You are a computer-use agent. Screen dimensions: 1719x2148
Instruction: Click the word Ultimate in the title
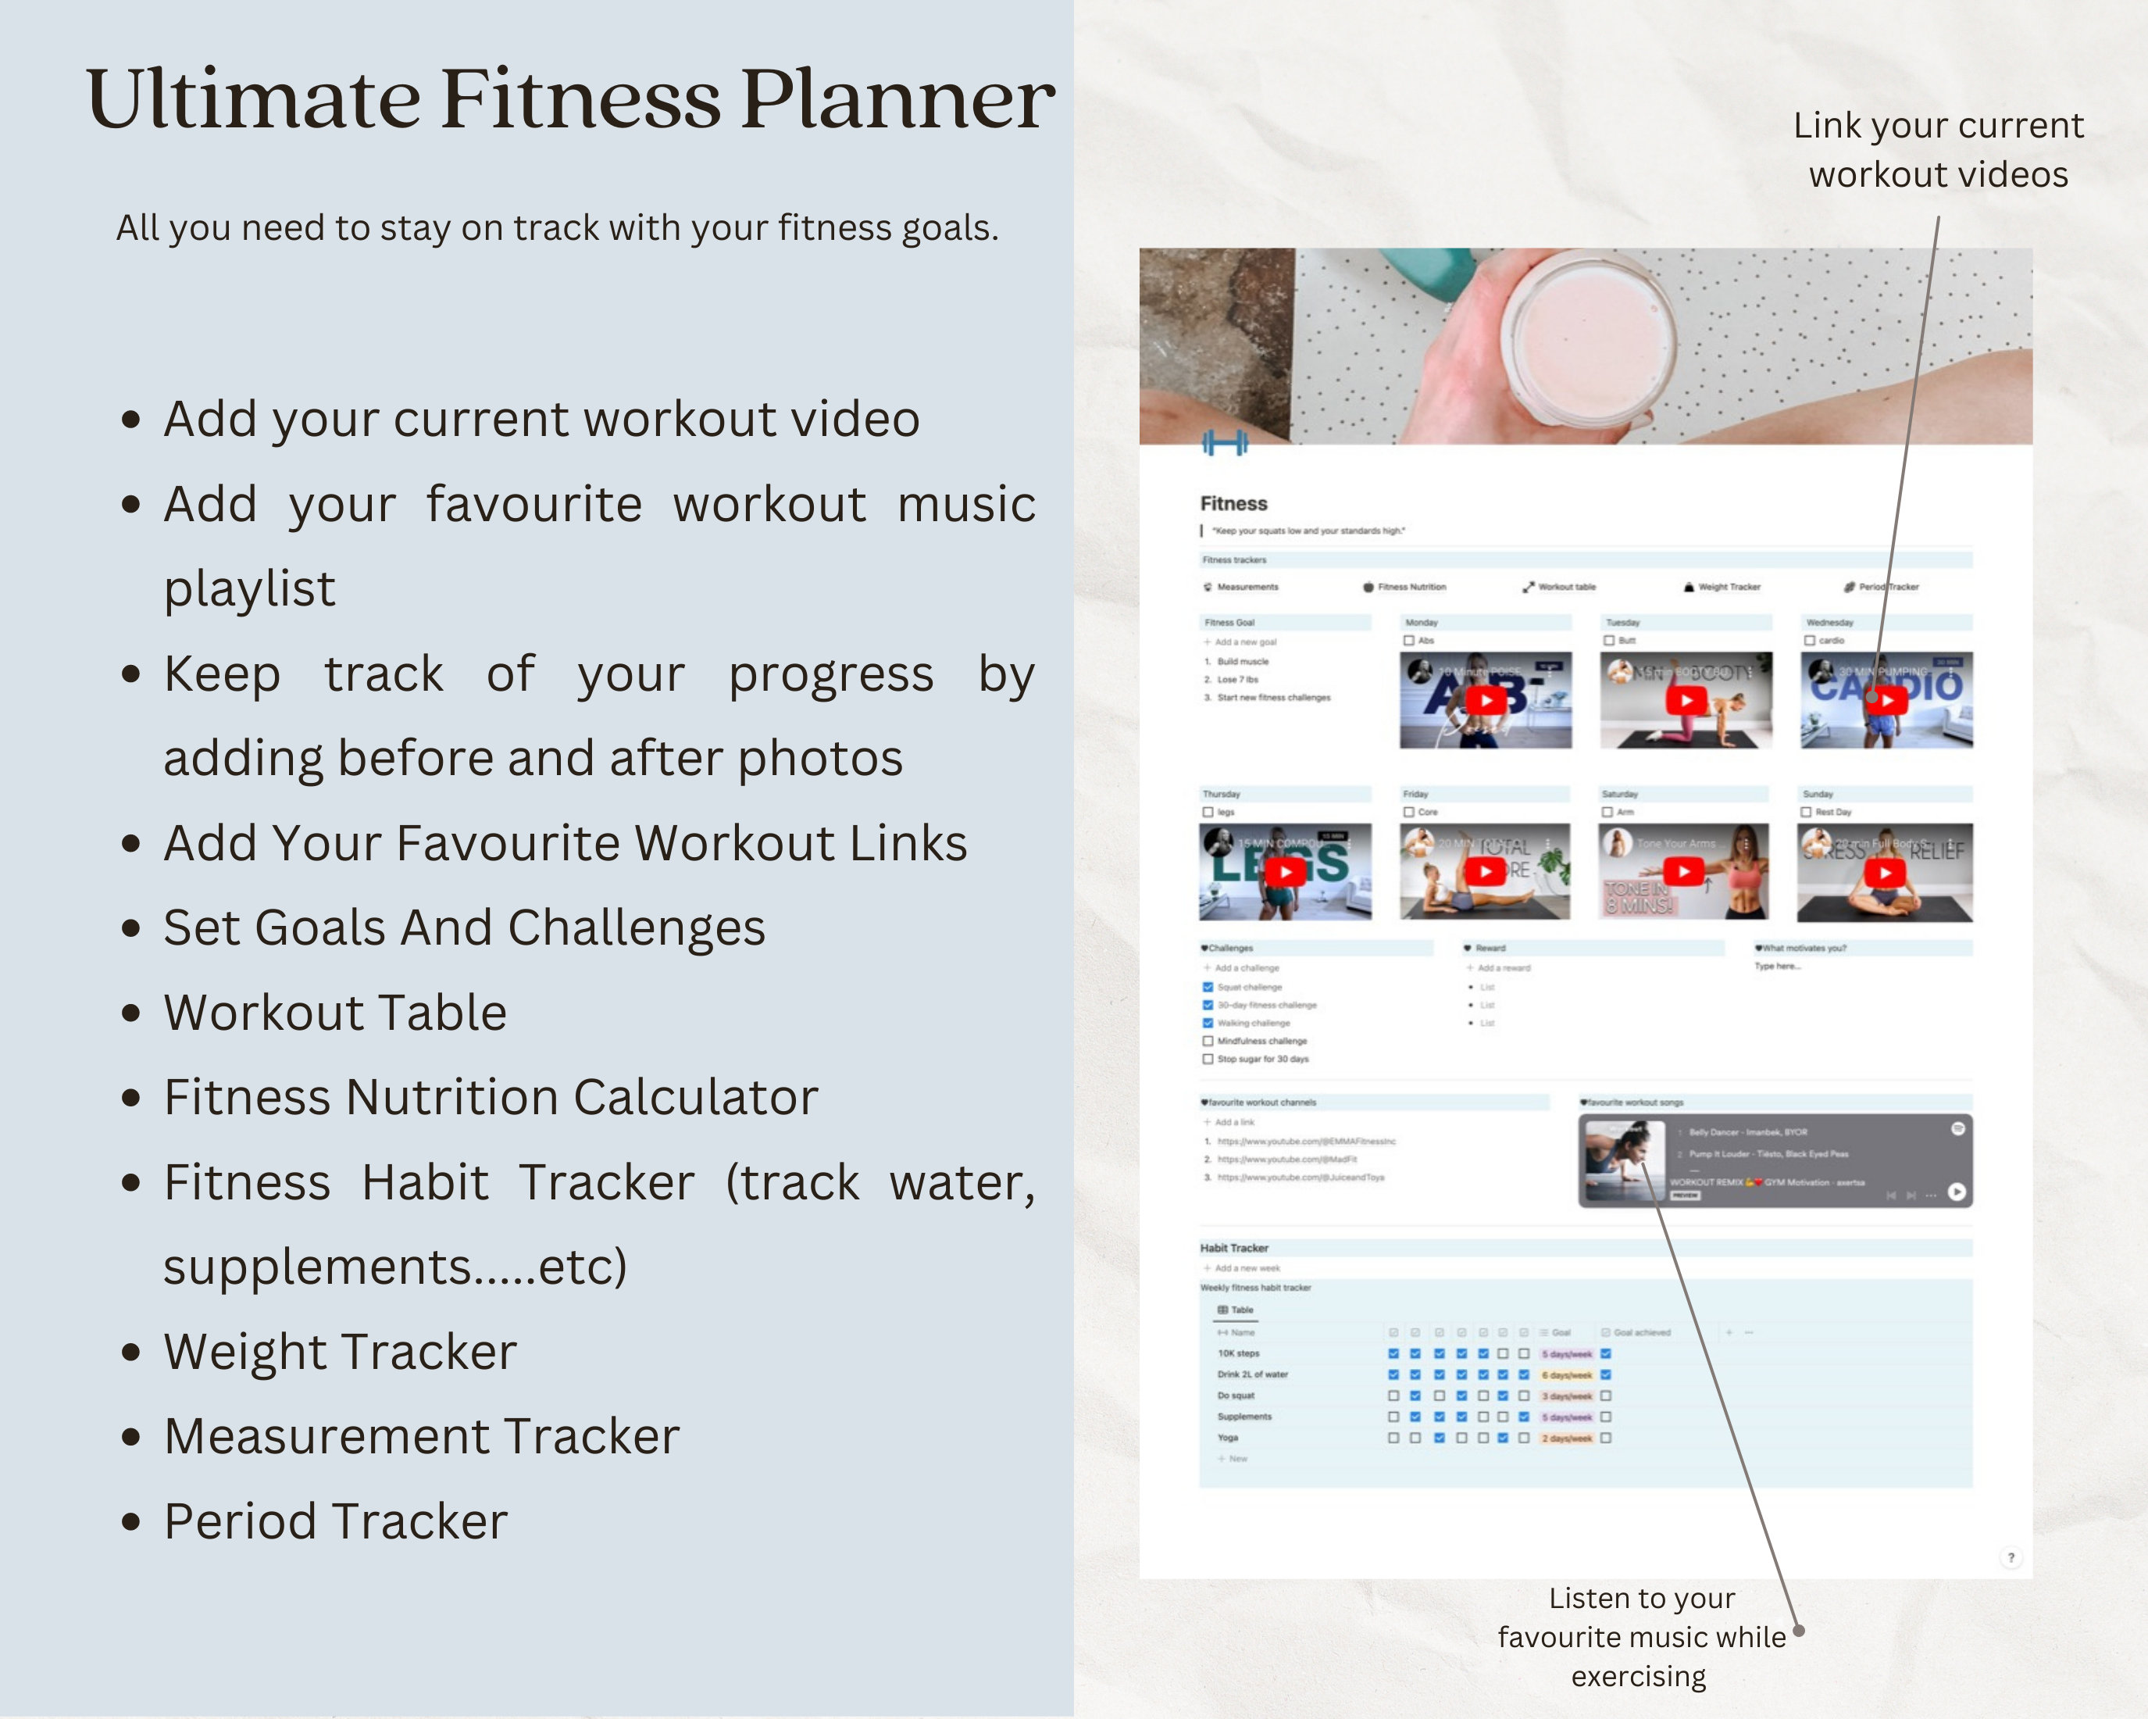(253, 100)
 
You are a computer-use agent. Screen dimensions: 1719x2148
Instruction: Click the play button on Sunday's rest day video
(1884, 873)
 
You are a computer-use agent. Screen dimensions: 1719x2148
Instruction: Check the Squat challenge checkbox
(1208, 987)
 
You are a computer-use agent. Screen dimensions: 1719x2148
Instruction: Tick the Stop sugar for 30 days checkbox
(1208, 1060)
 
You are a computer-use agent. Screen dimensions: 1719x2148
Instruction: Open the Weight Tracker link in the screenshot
(1729, 587)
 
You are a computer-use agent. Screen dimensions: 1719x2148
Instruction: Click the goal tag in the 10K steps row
(1567, 1354)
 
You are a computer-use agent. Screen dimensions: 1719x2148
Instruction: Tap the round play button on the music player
(1957, 1192)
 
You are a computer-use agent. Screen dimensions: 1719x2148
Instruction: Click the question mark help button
(2011, 1557)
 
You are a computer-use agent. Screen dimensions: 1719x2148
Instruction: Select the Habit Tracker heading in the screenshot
(1233, 1248)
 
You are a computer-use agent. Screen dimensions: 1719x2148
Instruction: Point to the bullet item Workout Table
(335, 1013)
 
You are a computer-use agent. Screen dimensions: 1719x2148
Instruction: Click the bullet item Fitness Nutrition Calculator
(491, 1097)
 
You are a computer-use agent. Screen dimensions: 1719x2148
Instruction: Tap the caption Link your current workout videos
(1938, 149)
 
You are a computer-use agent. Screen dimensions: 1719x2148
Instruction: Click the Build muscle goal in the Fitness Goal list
(1243, 662)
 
